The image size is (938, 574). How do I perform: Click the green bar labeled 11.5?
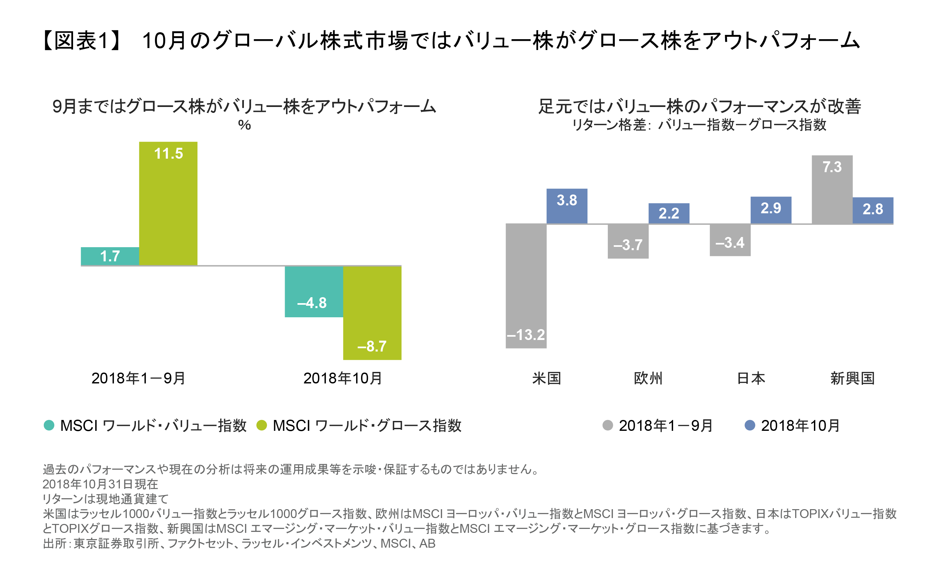click(168, 204)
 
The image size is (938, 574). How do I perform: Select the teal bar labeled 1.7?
click(110, 256)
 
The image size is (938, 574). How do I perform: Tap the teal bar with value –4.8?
click(314, 292)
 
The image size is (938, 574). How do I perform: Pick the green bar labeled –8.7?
click(372, 313)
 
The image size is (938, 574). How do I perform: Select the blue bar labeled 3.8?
click(566, 206)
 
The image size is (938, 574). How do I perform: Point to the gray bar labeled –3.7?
click(628, 241)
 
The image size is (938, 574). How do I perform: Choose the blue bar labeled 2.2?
click(668, 213)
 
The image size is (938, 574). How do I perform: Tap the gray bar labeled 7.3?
click(832, 189)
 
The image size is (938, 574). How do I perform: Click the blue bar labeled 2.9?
click(770, 210)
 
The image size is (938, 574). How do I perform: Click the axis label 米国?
click(546, 378)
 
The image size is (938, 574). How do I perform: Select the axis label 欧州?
click(648, 378)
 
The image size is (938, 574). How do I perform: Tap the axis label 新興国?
click(852, 378)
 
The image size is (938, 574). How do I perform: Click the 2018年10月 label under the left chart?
click(343, 378)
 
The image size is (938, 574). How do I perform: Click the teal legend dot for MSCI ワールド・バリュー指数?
click(49, 425)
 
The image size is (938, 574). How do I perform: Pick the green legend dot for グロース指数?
click(262, 425)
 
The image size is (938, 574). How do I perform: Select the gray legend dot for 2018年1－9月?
click(608, 425)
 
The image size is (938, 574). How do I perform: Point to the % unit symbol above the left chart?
click(245, 125)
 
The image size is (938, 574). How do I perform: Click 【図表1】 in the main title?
click(82, 40)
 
